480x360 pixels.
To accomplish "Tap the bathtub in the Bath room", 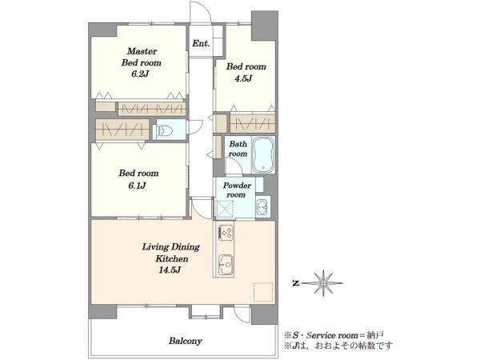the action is (x=263, y=155).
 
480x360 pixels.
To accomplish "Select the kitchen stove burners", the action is (x=226, y=233).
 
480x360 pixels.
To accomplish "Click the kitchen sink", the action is (x=226, y=264).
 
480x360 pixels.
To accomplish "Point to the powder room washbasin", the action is (x=262, y=207).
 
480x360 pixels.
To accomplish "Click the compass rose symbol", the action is (x=323, y=283).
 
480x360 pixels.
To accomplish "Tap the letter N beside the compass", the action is (x=295, y=284).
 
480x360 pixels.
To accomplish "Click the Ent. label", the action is (x=201, y=43).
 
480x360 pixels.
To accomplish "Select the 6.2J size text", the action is (x=140, y=74).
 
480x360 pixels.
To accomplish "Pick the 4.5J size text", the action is (x=243, y=78).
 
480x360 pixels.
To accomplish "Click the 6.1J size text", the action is (x=137, y=186).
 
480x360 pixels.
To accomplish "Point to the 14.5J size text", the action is (x=170, y=270).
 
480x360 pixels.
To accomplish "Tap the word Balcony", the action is (x=186, y=341).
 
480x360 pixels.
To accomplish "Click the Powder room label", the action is (x=237, y=190).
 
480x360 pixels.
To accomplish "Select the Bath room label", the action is (x=238, y=149).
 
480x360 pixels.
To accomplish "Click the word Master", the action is (x=142, y=51).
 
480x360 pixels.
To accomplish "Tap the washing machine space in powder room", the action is (x=225, y=209).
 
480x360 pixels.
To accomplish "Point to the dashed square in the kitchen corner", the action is (x=263, y=292).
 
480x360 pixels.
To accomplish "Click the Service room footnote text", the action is (x=334, y=335).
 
